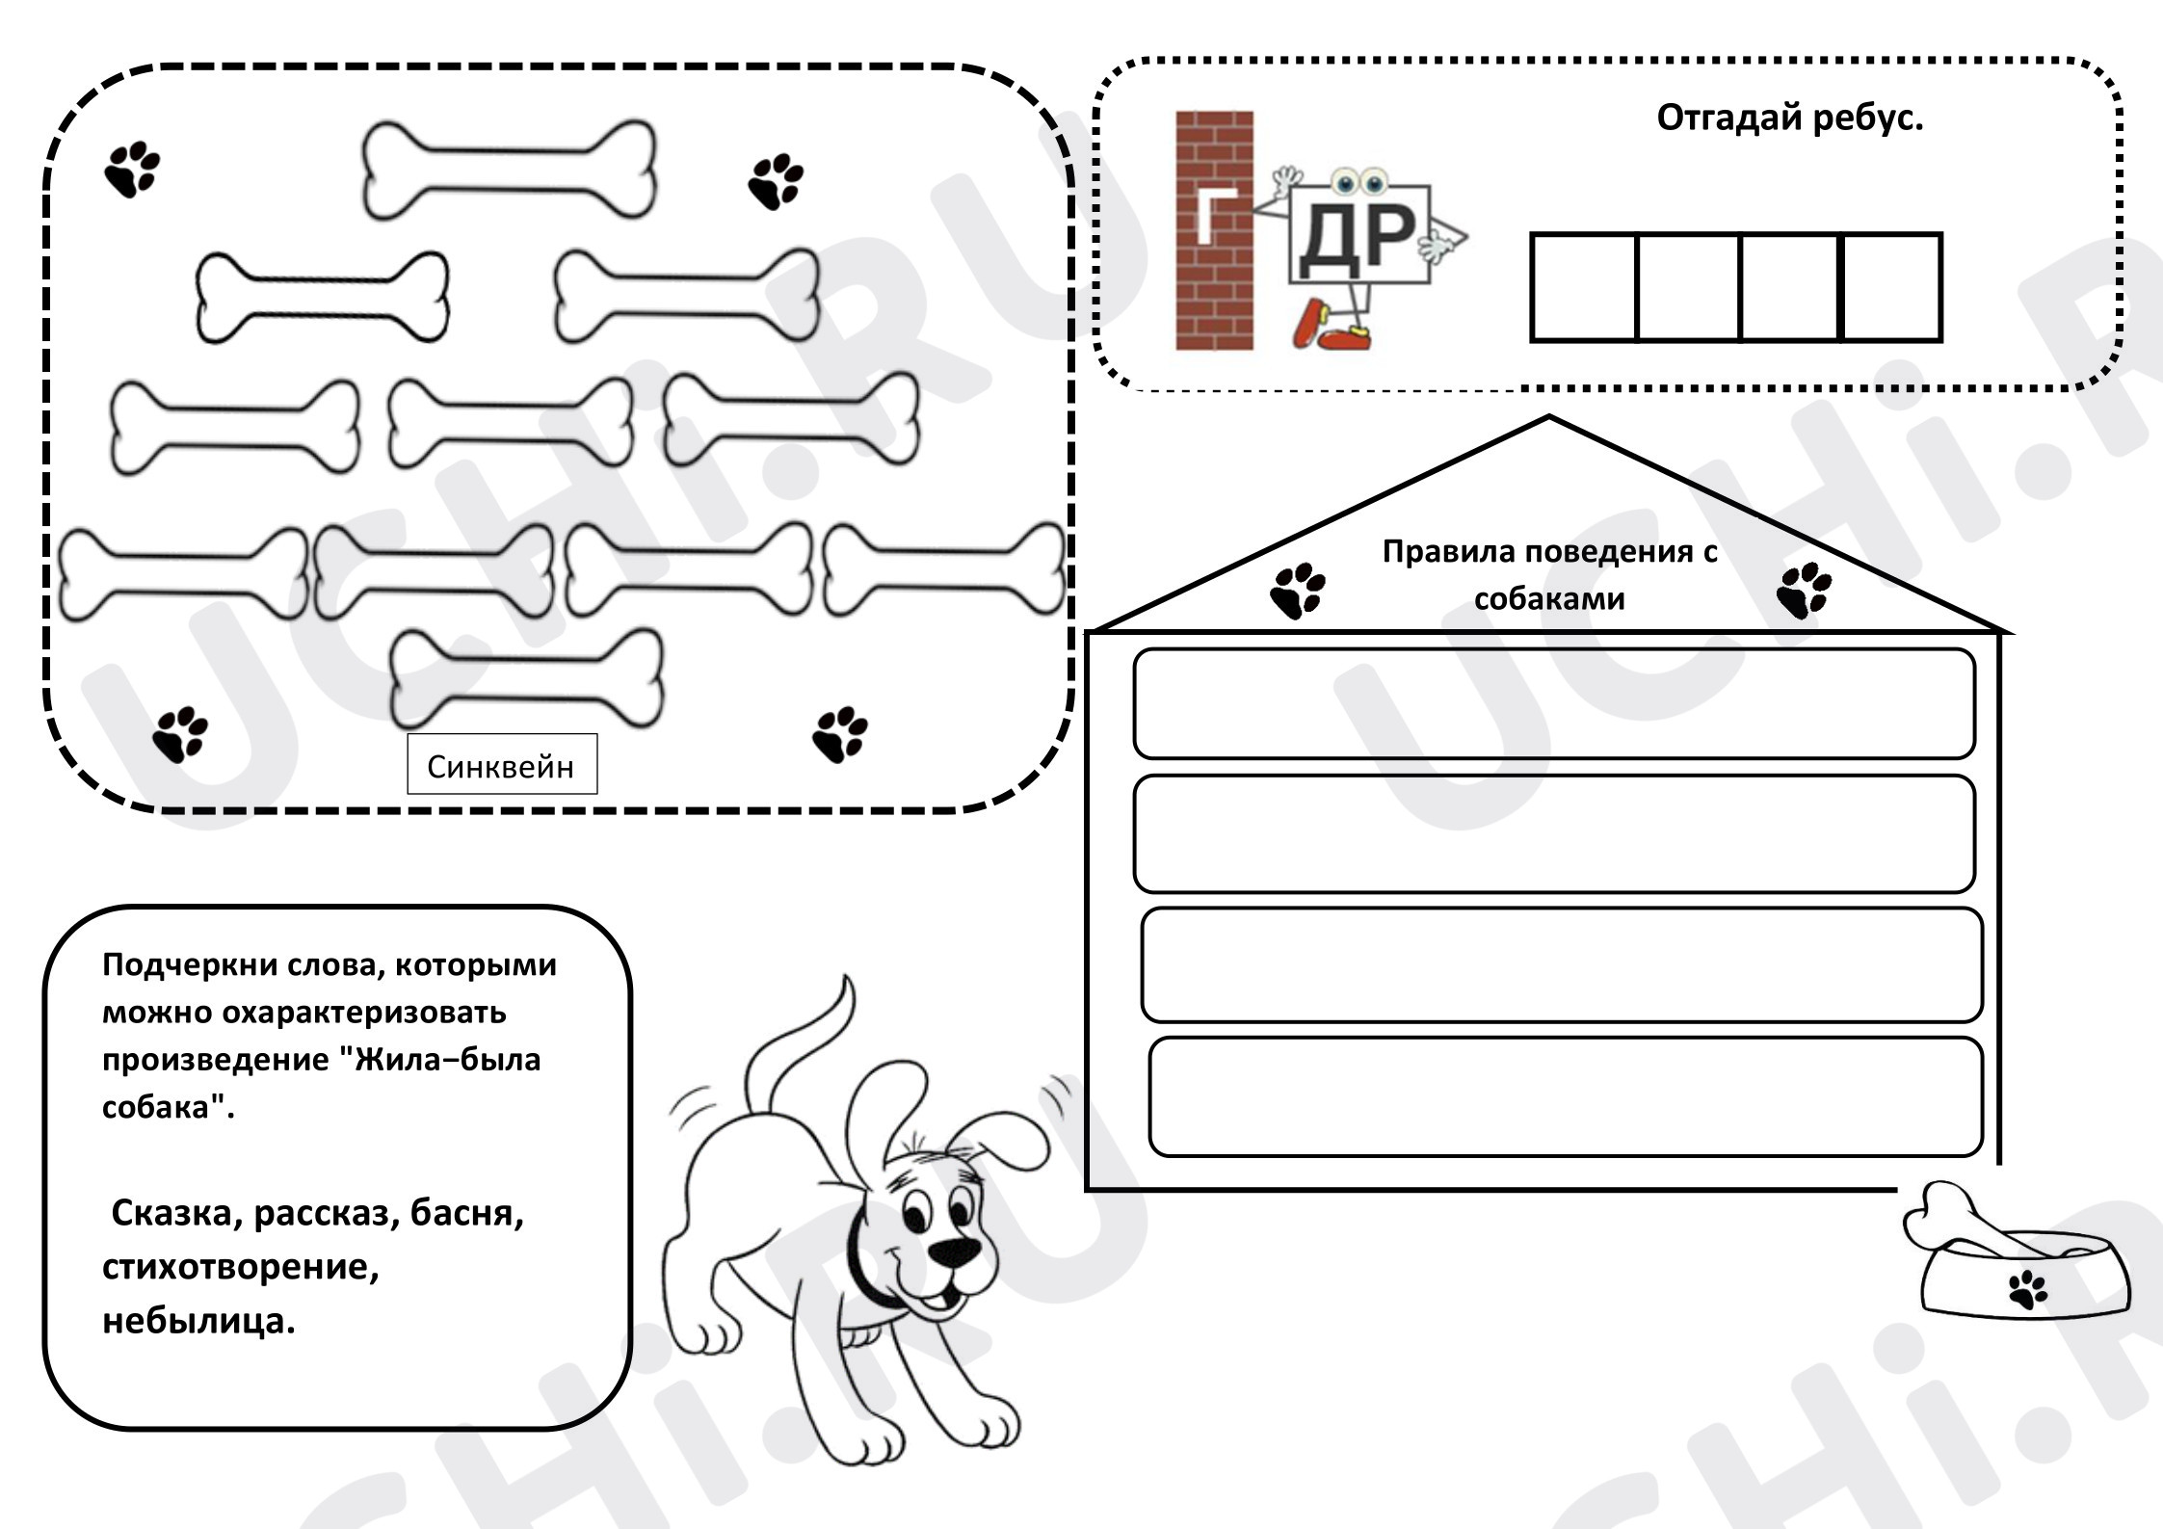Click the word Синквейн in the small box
(x=500, y=767)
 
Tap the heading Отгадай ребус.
(x=1789, y=118)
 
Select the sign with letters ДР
(x=1358, y=234)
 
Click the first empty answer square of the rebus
(x=1584, y=287)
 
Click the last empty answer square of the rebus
(x=1890, y=287)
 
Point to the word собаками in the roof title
(x=1549, y=598)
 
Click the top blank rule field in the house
(x=1554, y=703)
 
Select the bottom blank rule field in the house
(x=1566, y=1096)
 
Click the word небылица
(x=198, y=1320)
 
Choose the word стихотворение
(x=240, y=1267)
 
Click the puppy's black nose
(x=954, y=1252)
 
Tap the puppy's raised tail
(x=800, y=1050)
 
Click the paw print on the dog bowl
(x=2028, y=1289)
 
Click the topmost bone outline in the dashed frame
(x=509, y=170)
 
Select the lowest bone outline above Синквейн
(x=526, y=678)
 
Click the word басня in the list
(x=466, y=1213)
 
